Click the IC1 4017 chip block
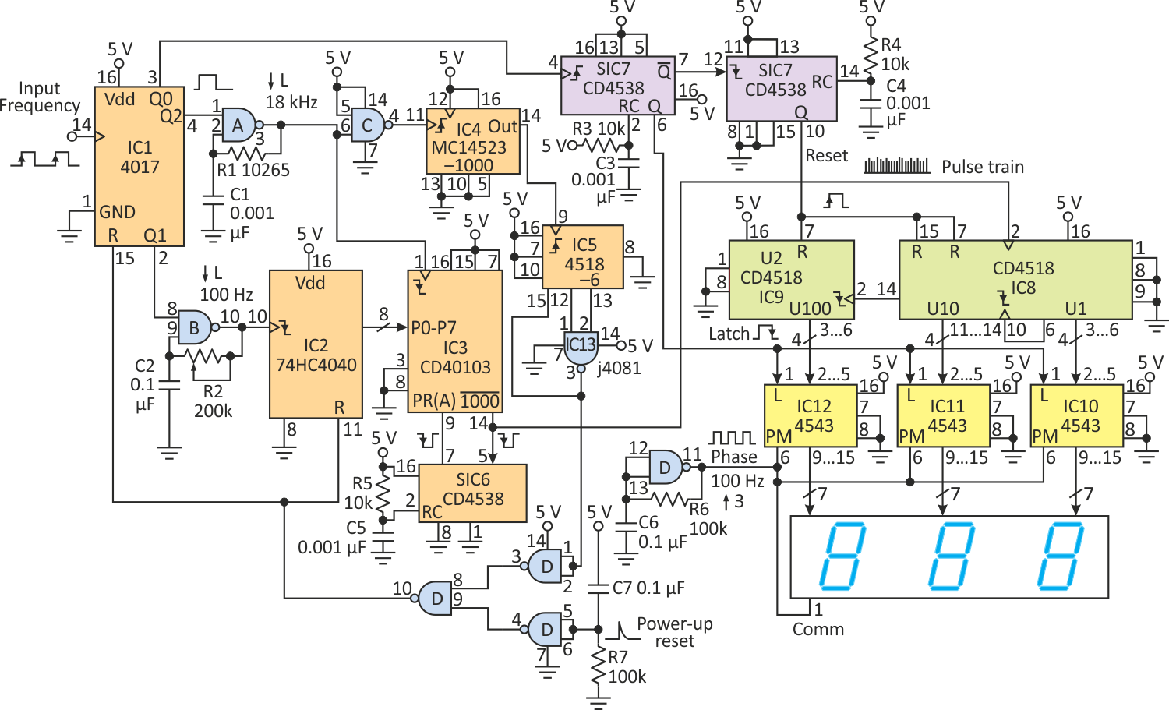tap(140, 166)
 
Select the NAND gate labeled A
tap(239, 125)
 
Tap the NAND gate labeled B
tap(195, 327)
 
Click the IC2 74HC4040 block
tap(316, 344)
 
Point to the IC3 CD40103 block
tap(455, 341)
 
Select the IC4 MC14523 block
tap(473, 141)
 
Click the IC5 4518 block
tap(583, 257)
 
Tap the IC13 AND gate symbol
tap(581, 348)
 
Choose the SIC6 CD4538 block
tap(473, 493)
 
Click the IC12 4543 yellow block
tap(811, 415)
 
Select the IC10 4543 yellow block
tap(1077, 415)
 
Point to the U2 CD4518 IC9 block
tap(791, 280)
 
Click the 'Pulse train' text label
tap(983, 167)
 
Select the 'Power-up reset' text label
tap(675, 632)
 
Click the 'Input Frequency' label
tap(40, 97)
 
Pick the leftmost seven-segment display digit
tap(842, 556)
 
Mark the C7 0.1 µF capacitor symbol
tap(599, 588)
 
